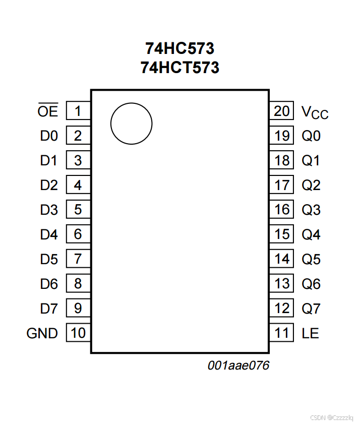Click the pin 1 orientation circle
[x=131, y=123]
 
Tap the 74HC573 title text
[x=179, y=48]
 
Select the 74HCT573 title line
[x=179, y=67]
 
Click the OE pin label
[x=48, y=111]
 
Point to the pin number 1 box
[x=78, y=111]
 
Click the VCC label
[x=315, y=112]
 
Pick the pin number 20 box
[x=282, y=111]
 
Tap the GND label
[x=42, y=333]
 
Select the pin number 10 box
[x=78, y=333]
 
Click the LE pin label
[x=310, y=333]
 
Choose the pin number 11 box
[x=282, y=333]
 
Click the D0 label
[x=49, y=136]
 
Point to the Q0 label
[x=311, y=136]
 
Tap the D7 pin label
[x=49, y=309]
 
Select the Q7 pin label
[x=311, y=309]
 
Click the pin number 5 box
[x=78, y=210]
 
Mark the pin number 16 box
[x=282, y=210]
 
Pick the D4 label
[x=49, y=234]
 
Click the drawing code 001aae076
[x=238, y=366]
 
